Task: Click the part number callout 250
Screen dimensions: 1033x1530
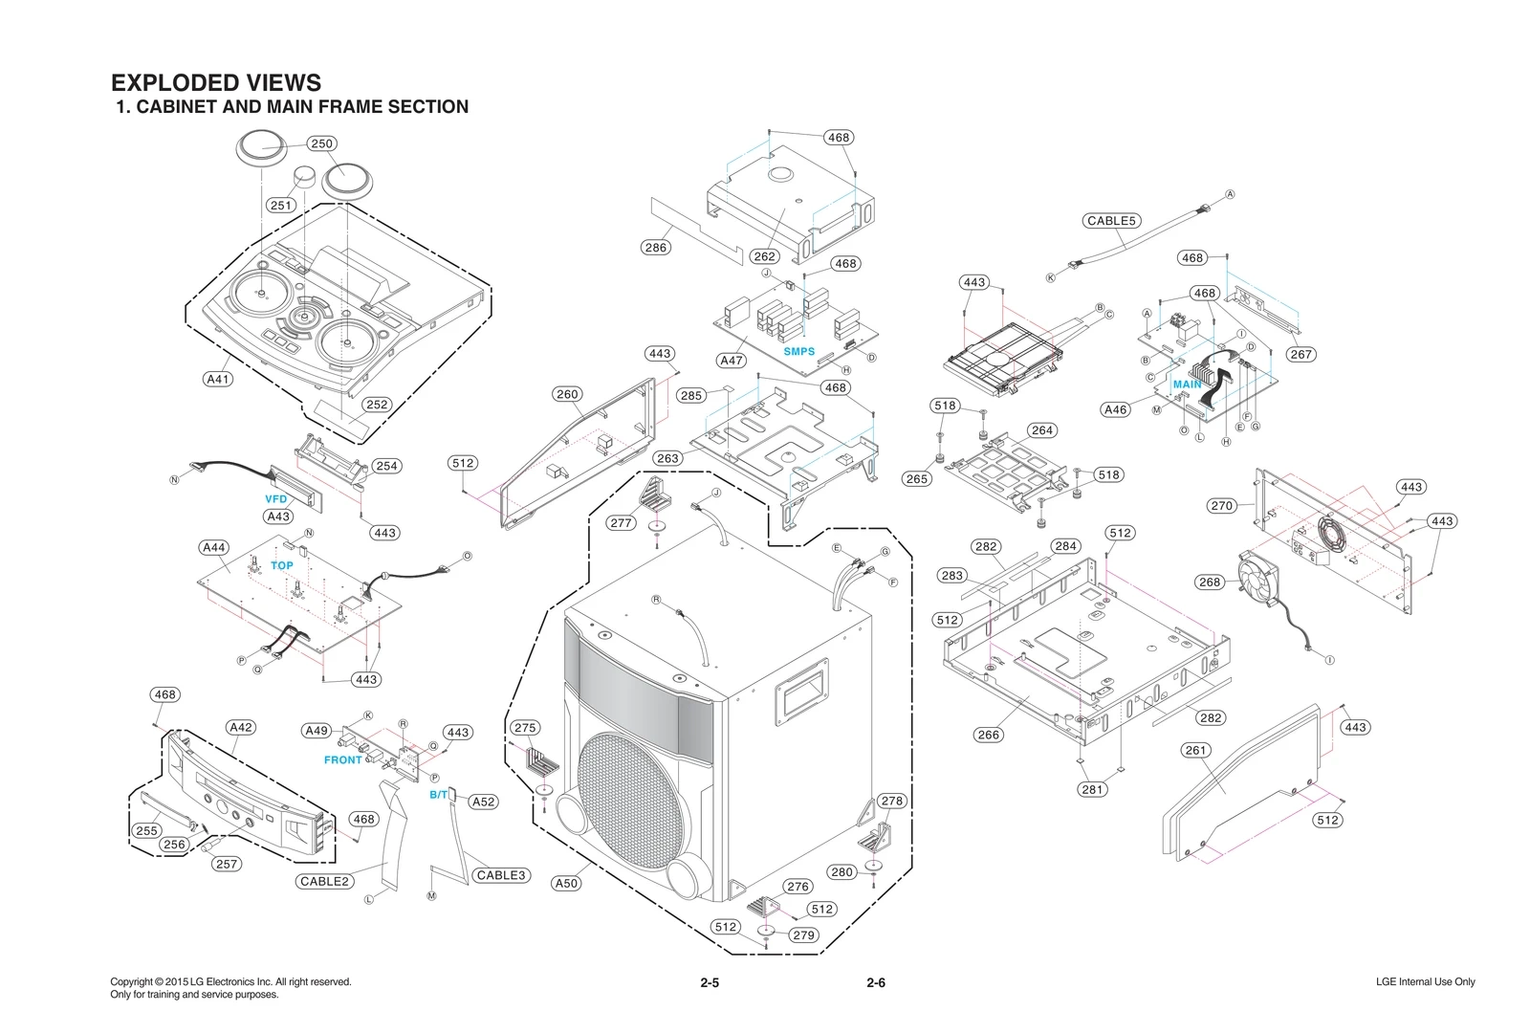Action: (321, 143)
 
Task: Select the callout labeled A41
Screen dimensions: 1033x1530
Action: (218, 379)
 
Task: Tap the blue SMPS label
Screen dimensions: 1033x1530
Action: (798, 351)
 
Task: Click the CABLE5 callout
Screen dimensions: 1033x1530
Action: (1111, 220)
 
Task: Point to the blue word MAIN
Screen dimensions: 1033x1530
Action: (1187, 385)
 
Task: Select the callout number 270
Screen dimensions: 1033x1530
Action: (1221, 505)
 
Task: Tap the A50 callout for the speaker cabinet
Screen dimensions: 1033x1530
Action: (566, 883)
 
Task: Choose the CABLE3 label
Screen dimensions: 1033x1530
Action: (501, 875)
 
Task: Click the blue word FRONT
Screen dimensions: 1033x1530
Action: (342, 759)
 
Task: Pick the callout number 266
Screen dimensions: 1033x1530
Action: (988, 735)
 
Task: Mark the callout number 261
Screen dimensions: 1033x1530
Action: (1196, 750)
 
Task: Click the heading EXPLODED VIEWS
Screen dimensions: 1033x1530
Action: (216, 82)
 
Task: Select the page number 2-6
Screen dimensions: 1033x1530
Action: (875, 982)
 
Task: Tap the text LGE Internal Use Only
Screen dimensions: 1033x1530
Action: (1425, 982)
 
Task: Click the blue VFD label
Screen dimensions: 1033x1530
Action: (275, 499)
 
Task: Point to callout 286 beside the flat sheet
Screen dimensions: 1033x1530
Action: (655, 247)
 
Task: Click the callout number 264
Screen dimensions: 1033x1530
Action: (1042, 430)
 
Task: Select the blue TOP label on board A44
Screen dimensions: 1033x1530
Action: (281, 565)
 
